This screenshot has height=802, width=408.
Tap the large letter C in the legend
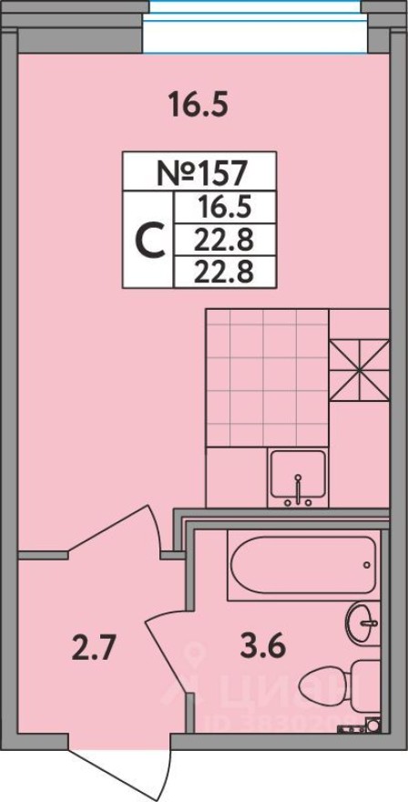click(148, 240)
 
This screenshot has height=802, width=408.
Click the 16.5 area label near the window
click(197, 106)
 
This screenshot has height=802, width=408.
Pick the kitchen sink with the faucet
click(297, 479)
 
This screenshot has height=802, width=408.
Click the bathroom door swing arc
click(168, 652)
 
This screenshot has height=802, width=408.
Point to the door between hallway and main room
click(114, 529)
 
